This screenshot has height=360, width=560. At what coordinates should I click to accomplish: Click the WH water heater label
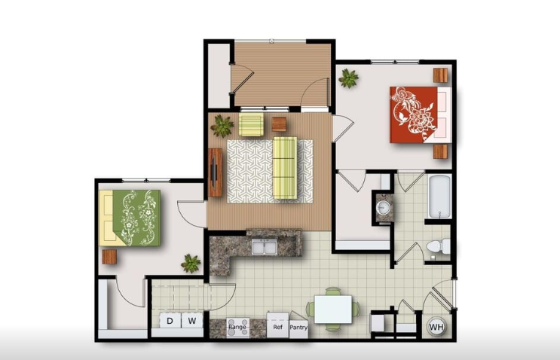coord(436,327)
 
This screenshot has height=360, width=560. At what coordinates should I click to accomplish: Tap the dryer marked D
coord(170,320)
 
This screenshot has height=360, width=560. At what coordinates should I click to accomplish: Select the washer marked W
coord(192,320)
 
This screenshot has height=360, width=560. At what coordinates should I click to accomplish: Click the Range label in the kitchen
coord(237,327)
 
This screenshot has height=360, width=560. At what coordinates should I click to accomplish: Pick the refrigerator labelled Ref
coord(277,325)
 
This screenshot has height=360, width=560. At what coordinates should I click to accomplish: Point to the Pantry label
coord(298,327)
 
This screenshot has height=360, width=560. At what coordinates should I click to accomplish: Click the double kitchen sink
coord(265,246)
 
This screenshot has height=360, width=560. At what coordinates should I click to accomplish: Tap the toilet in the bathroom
coord(439,246)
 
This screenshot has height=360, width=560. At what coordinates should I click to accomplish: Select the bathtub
coord(439,197)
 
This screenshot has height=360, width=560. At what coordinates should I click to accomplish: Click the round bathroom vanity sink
coord(384,207)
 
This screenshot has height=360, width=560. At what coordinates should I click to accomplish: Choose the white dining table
coord(333,310)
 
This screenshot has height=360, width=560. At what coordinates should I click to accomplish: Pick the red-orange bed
coord(421,114)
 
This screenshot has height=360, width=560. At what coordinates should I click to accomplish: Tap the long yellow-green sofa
coord(285,168)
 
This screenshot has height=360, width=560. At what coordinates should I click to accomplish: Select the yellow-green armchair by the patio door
coord(251,124)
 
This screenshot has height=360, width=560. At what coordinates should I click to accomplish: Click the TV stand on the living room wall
coord(215,172)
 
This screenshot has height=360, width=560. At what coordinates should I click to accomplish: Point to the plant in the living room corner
coord(222,125)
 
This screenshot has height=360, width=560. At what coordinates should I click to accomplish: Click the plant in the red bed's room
coord(348,78)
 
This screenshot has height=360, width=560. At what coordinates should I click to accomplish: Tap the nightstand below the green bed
coord(109,257)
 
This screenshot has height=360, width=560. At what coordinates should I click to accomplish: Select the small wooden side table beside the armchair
coord(279,124)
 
